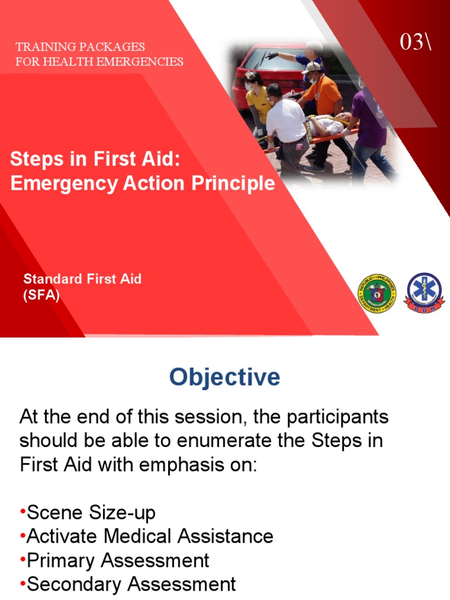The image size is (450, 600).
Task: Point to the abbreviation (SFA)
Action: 41,295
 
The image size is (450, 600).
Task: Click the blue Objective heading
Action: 224,377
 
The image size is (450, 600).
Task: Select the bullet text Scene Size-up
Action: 91,513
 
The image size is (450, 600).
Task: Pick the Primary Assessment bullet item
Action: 118,560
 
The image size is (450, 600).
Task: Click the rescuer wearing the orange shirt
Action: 322,97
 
